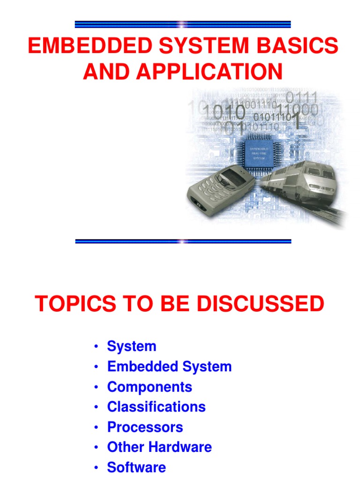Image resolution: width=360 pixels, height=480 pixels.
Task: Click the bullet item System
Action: click(131, 346)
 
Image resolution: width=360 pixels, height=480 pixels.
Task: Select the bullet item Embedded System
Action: click(169, 367)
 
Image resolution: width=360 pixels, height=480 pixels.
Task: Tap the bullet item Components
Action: click(150, 387)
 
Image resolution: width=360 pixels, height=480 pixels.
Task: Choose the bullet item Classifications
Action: click(156, 407)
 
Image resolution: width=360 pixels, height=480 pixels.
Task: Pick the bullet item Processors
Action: click(145, 427)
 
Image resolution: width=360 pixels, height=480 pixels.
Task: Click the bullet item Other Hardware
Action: click(159, 447)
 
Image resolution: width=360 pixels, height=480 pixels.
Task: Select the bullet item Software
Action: click(136, 467)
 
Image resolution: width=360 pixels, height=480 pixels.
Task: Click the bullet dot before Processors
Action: click(96, 427)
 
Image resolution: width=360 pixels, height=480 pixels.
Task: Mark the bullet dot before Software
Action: click(96, 468)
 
